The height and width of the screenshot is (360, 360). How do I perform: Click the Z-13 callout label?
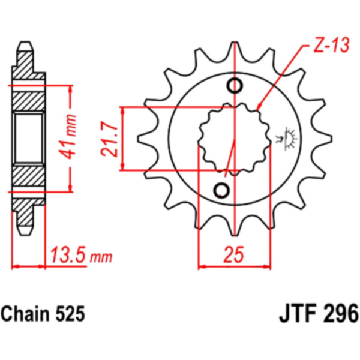point(331,44)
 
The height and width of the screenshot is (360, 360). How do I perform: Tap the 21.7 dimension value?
point(109,139)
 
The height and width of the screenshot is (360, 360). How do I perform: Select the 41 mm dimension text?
point(68,136)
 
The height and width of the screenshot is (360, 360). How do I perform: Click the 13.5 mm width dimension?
point(81,255)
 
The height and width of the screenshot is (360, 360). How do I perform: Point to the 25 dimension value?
point(233,254)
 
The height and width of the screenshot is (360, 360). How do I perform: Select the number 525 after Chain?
point(70,314)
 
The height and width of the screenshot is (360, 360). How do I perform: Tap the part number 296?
point(343,314)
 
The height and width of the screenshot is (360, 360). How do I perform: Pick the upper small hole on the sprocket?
point(235,85)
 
